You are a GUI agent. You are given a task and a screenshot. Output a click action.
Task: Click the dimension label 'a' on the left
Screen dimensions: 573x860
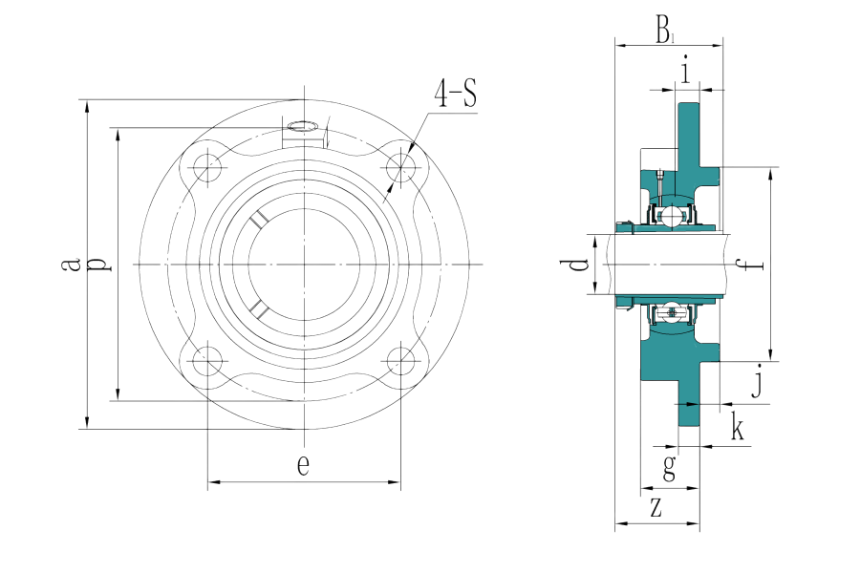68,264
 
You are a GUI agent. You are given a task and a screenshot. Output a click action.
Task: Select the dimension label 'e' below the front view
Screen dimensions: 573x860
303,466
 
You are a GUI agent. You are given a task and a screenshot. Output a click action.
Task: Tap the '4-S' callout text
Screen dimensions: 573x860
456,95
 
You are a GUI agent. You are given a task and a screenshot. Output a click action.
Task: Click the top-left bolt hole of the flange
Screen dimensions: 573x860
206,169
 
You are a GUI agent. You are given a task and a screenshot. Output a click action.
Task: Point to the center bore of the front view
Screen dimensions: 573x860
304,264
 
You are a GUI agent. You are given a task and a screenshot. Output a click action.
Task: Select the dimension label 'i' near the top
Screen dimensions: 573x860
686,69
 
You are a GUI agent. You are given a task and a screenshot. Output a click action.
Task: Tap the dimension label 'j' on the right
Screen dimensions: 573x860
757,386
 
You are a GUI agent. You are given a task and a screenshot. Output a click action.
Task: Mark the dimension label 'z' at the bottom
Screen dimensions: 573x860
656,507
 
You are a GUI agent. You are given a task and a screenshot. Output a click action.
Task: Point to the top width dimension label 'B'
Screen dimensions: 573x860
665,32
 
